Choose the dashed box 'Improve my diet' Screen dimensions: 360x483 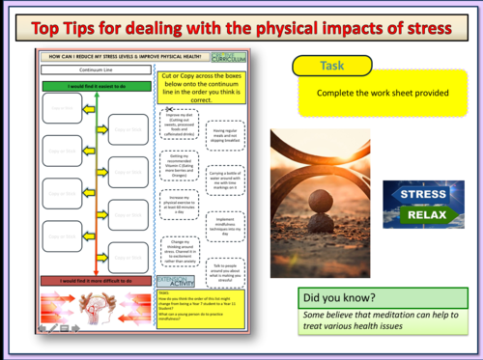click(179, 127)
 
